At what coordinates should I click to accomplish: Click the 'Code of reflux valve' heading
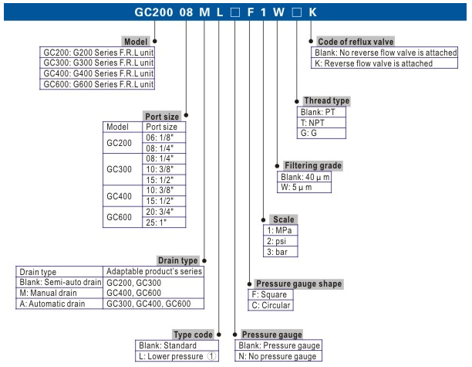356,42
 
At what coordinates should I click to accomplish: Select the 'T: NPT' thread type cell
321,123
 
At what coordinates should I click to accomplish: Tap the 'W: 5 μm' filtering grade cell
304,187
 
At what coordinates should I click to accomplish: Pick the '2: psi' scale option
280,241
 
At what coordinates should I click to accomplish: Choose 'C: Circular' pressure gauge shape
270,305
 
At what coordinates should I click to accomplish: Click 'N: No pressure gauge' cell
278,356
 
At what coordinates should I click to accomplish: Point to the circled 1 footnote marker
211,356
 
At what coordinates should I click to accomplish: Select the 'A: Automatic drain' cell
59,304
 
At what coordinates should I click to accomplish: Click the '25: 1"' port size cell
164,223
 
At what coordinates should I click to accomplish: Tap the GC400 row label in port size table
120,196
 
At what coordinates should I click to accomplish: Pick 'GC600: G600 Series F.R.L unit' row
97,84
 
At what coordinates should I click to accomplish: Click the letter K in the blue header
312,12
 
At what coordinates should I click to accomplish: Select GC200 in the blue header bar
153,12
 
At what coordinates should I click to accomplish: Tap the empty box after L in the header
234,12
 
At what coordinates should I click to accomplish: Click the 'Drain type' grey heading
177,260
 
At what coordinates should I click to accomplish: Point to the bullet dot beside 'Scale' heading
264,220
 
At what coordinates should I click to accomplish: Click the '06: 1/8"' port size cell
164,138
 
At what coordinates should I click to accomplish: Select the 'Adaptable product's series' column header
153,271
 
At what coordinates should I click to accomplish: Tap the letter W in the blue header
278,12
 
